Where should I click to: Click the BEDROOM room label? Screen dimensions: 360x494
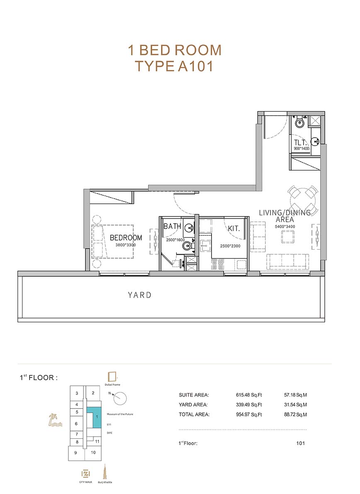tap(126, 238)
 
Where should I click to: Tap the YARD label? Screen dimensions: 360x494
tap(139, 295)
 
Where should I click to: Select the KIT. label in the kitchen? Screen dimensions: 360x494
tap(234, 229)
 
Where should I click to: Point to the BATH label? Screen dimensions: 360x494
tap(172, 226)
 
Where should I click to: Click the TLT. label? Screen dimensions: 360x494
tap(300, 142)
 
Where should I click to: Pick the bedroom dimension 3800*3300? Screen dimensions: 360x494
tap(125, 245)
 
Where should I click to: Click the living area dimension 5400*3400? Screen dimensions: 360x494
tap(285, 226)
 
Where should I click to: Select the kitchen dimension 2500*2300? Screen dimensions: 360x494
tap(230, 246)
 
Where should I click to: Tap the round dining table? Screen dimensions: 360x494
tap(303, 199)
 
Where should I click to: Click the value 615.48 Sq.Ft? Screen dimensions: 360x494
tap(249, 395)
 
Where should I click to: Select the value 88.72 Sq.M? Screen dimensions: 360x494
tap(295, 415)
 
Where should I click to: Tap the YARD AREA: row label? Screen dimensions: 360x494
tap(193, 405)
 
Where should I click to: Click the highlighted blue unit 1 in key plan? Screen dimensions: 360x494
tap(95, 417)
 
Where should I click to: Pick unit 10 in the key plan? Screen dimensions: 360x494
tap(93, 453)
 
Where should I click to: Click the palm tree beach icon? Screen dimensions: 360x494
tap(55, 421)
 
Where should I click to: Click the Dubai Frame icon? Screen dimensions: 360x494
tap(112, 377)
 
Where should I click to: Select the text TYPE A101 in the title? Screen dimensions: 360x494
tap(174, 66)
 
